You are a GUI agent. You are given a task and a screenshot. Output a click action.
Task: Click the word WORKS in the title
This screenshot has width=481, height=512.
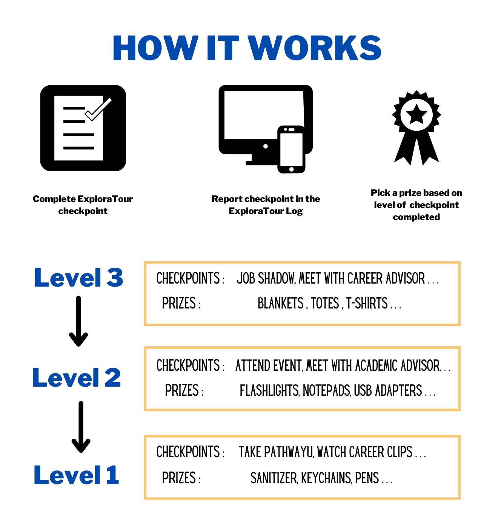[x=315, y=48]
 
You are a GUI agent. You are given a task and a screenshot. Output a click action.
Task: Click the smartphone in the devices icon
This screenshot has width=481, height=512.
[x=291, y=150]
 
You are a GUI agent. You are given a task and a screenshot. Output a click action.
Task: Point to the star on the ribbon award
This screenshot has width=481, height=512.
[x=416, y=114]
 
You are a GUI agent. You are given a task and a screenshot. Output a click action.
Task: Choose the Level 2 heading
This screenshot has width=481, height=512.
[x=77, y=377]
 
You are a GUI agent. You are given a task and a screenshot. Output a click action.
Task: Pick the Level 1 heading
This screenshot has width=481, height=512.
[x=76, y=475]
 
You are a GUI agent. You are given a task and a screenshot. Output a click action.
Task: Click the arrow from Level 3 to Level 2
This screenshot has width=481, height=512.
[x=78, y=321]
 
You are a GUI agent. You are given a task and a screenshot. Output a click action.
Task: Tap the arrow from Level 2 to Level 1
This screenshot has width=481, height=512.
[x=81, y=427]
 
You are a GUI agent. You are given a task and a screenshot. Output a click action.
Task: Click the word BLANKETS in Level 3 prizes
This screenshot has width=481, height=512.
[x=280, y=303]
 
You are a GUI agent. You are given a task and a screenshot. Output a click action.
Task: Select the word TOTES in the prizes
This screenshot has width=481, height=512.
[x=325, y=303]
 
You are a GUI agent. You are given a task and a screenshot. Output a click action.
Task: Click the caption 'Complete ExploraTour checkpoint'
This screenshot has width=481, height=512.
[x=83, y=205]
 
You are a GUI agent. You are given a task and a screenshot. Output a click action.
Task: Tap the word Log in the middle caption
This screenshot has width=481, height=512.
[x=294, y=211]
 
